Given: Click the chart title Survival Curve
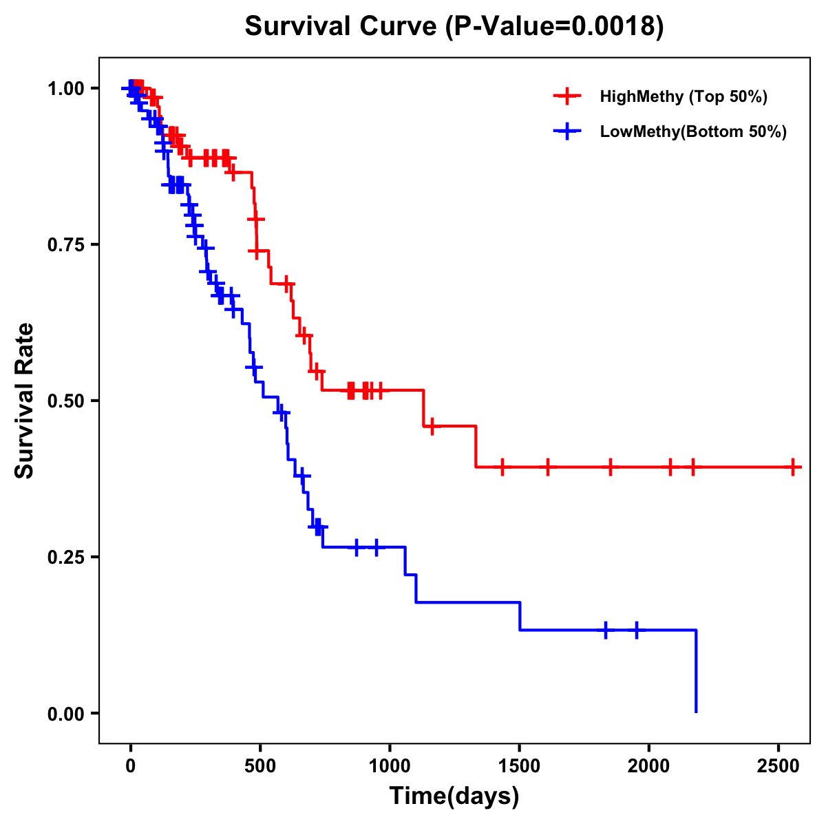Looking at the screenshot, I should point(454,27).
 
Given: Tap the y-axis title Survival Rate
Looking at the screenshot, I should point(25,401).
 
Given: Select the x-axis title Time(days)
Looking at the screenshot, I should point(454,796).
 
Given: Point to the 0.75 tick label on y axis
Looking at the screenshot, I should point(65,244).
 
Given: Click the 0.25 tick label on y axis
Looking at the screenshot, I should point(65,557).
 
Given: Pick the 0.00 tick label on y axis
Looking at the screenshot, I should point(65,713).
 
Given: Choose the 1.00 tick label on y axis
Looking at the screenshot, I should point(65,88).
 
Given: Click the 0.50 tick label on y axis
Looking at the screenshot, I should point(65,401).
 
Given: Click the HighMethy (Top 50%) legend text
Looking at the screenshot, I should point(684,96).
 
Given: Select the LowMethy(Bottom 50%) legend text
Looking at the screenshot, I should point(693,131).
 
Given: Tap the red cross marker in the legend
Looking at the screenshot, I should point(567,96).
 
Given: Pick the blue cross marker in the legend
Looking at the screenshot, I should point(567,131).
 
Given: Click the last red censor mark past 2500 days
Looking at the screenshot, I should point(793,467).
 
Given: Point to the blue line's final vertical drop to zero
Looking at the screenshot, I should point(696,671).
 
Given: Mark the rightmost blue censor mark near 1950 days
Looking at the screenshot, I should point(636,630).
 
